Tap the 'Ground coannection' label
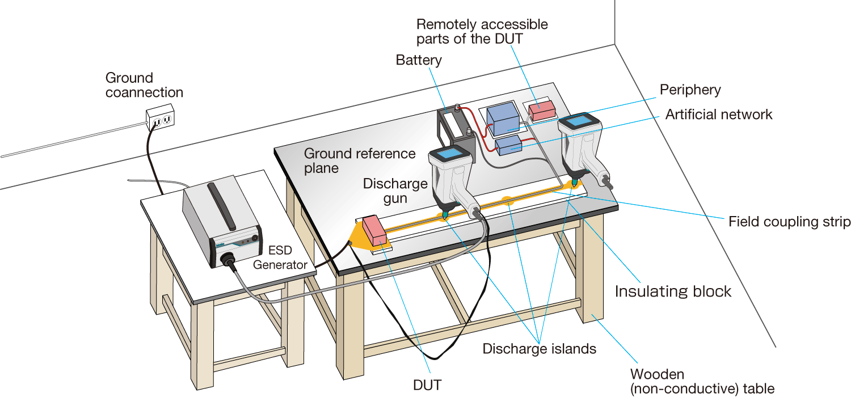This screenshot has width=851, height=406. tap(144, 85)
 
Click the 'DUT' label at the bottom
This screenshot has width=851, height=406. tap(427, 385)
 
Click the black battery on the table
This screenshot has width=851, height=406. tap(454, 128)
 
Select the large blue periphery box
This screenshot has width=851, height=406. tap(503, 119)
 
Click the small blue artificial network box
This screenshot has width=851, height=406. tap(508, 146)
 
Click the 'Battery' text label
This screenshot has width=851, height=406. tap(419, 60)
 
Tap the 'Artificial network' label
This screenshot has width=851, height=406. tap(719, 115)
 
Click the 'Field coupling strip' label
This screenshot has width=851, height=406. tap(789, 222)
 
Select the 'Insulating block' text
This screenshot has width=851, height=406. tap(673, 291)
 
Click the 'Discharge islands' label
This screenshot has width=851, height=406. tap(539, 349)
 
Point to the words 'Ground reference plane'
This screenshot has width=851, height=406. tap(360, 160)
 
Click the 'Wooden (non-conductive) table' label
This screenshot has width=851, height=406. tap(702, 382)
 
